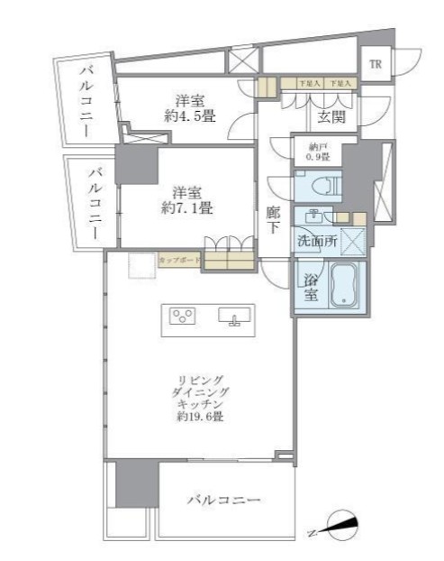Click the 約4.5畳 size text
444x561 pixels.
click(187, 115)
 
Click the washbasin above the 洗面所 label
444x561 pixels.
click(314, 216)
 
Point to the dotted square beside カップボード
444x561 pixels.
click(140, 266)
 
